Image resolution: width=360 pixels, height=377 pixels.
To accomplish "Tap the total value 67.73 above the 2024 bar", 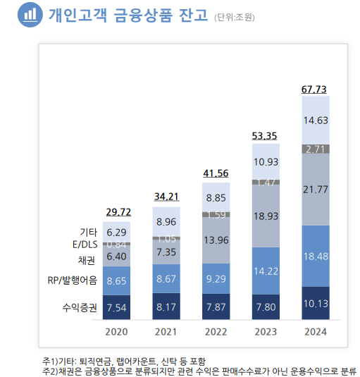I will (315, 89).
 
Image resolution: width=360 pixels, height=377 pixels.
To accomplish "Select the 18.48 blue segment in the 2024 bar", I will (315, 256).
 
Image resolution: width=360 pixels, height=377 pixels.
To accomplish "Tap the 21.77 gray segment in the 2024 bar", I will (315, 189).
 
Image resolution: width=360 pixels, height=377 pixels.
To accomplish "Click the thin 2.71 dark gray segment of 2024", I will (315, 149).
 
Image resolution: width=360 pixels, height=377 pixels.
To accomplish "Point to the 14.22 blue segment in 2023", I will (265, 271).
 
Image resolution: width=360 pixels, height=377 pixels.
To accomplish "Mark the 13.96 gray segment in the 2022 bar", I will (216, 240).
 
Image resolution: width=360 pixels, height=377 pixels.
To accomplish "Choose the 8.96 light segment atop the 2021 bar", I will (166, 222).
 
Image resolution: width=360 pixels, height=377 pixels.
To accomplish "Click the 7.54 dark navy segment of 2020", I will (117, 307).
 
